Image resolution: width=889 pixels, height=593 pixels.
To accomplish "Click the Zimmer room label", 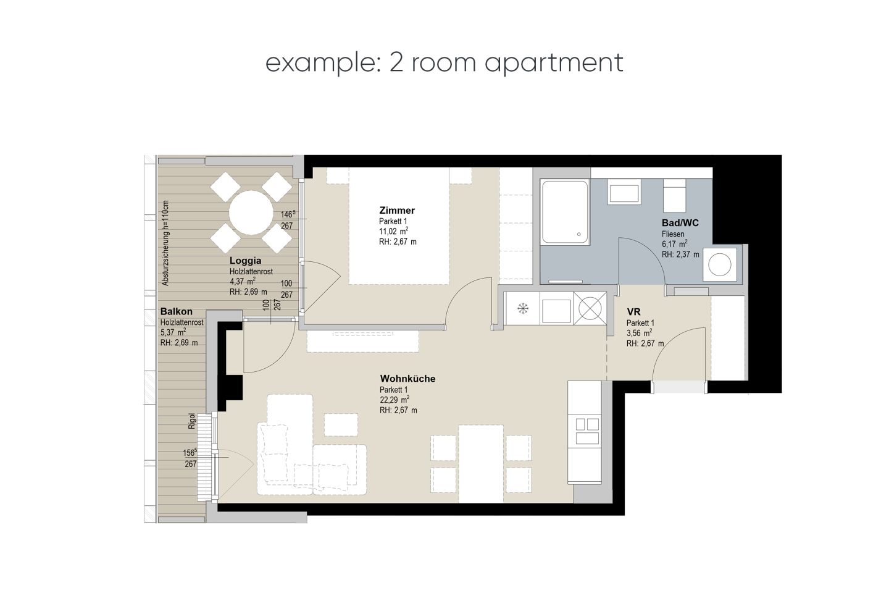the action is [397, 210].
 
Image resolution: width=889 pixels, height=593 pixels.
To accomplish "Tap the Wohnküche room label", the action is [407, 379].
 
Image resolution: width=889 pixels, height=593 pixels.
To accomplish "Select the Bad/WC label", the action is [680, 223].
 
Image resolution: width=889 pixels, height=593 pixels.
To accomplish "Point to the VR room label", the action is [633, 312].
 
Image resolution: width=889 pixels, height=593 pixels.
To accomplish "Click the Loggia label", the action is [245, 261].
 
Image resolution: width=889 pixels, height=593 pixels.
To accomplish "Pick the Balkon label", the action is [176, 311].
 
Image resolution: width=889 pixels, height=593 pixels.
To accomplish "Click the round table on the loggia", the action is [251, 212].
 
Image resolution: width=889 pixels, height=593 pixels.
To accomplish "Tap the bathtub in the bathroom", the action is [565, 212].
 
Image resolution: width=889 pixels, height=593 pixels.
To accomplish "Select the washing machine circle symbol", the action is [720, 264].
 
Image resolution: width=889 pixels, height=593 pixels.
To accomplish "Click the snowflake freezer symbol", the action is [523, 308].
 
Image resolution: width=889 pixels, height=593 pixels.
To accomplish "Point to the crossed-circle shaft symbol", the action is [590, 308].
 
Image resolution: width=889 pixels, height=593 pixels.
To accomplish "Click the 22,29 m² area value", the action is [394, 400].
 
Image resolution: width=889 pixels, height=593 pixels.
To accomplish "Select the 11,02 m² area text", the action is [394, 231].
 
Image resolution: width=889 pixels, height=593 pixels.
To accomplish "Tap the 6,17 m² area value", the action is [675, 243].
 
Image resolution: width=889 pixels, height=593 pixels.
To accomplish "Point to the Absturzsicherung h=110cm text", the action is [165, 243].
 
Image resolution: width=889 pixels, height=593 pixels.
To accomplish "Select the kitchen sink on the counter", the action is [587, 431].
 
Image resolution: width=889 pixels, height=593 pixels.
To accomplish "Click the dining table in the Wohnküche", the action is [481, 464].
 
